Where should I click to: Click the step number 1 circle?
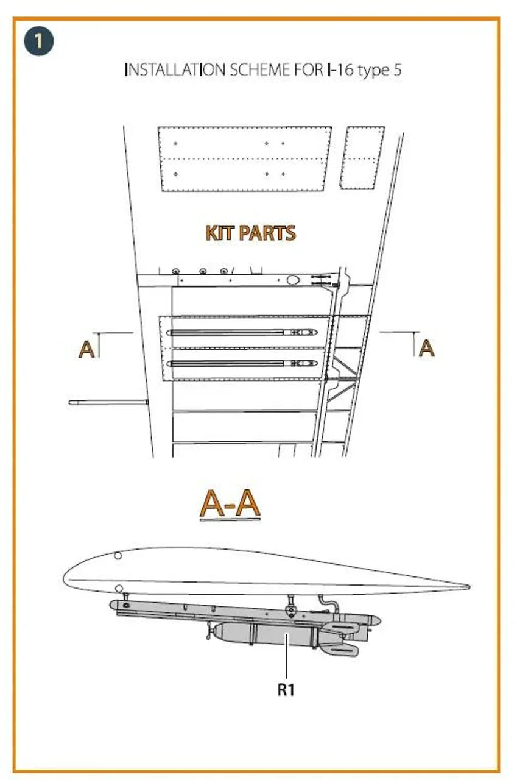point(39,41)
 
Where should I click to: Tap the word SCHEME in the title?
point(259,70)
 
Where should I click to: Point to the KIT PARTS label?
point(251,233)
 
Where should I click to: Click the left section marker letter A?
point(86,349)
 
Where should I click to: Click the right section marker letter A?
point(426,348)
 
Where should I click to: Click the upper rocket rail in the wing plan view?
point(242,333)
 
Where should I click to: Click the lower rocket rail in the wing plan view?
point(242,364)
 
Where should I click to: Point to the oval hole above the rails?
point(294,280)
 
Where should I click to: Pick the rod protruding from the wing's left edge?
point(108,403)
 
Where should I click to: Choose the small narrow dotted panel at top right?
point(362,158)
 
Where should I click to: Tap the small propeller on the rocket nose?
point(209,631)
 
